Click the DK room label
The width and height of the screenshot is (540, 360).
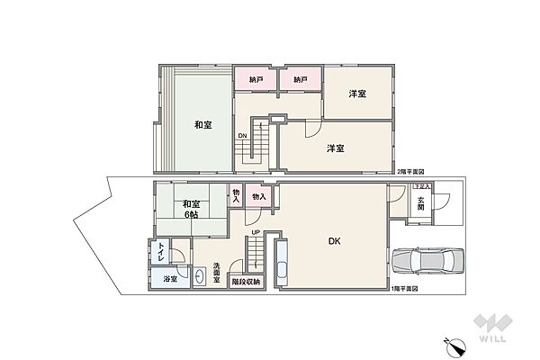tap(333, 240)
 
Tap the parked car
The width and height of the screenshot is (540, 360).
tap(425, 260)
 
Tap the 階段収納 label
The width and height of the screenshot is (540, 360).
tap(246, 282)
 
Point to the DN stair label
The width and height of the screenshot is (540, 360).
tap(242, 136)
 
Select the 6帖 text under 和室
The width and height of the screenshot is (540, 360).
tap(190, 213)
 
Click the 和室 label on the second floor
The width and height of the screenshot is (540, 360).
tap(202, 125)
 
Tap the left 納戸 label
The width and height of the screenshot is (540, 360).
tap(256, 80)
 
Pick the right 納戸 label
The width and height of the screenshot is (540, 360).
tap(301, 80)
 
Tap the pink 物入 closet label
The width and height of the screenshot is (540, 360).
tap(258, 196)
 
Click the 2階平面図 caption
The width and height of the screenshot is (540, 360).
tap(410, 172)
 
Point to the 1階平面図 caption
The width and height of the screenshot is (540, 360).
tap(407, 287)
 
